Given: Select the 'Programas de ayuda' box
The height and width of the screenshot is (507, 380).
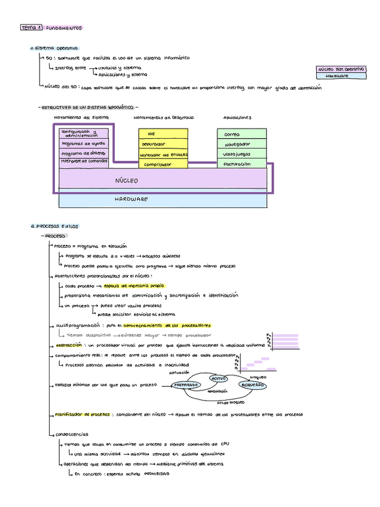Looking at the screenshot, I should tap(84, 143).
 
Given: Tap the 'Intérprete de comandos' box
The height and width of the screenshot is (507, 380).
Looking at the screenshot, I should tap(84, 161).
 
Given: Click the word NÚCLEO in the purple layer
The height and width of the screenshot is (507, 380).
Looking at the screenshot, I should tap(126, 181).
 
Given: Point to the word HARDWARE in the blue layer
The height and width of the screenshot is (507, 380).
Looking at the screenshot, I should tap(131, 199).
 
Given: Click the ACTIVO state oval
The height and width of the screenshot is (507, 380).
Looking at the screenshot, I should tap(218, 378).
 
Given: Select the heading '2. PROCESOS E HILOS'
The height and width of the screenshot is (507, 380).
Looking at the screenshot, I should tap(54, 227).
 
